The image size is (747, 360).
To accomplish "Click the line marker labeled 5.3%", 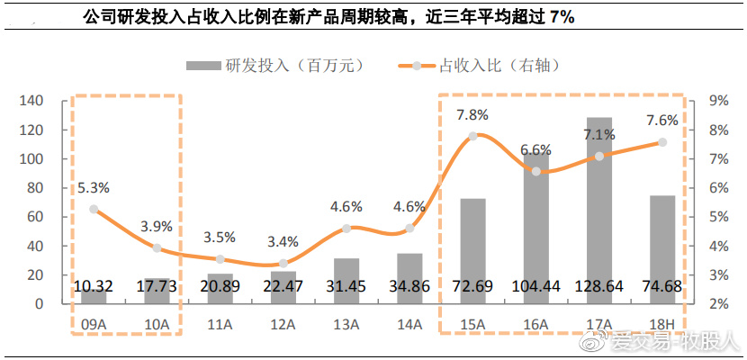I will (94, 209).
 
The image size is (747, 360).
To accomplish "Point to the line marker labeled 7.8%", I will (472, 136).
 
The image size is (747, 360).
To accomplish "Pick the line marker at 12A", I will (283, 264).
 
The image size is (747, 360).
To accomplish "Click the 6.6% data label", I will (535, 149).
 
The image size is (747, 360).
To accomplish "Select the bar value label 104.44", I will (535, 286).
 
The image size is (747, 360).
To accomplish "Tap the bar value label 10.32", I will (94, 286).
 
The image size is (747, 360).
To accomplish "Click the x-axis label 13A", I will (346, 323).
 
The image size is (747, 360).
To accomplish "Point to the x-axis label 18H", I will (662, 323).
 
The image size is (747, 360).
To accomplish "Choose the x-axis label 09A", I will (94, 323).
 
